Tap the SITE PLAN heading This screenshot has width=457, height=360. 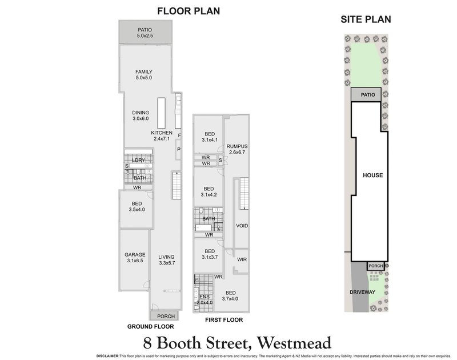point(366,19)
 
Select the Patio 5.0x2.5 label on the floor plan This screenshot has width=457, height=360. point(147,33)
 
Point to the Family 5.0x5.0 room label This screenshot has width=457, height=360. point(143,74)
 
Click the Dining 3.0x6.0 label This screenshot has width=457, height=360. point(140,115)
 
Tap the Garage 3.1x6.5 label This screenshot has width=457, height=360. point(135,258)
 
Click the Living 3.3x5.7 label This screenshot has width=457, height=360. point(166,260)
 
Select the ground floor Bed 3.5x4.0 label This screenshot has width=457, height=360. point(137,206)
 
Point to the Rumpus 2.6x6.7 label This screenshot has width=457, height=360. point(235,149)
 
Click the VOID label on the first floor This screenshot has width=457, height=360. point(242,226)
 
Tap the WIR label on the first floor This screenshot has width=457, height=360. point(241,260)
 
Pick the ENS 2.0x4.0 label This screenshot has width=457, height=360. point(204,299)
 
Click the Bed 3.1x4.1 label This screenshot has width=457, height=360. point(209,137)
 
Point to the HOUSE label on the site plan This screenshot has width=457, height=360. point(372,175)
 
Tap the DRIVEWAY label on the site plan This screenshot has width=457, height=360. point(362,292)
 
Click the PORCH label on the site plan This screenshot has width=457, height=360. point(375,266)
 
